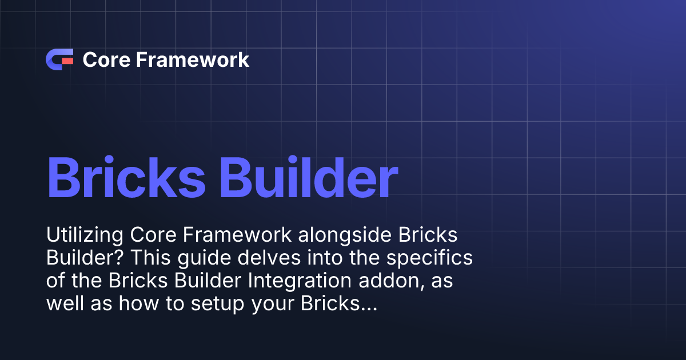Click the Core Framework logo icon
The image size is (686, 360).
[x=59, y=59]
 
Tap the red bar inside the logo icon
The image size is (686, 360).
[x=67, y=59]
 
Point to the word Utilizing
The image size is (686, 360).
[x=85, y=235]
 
